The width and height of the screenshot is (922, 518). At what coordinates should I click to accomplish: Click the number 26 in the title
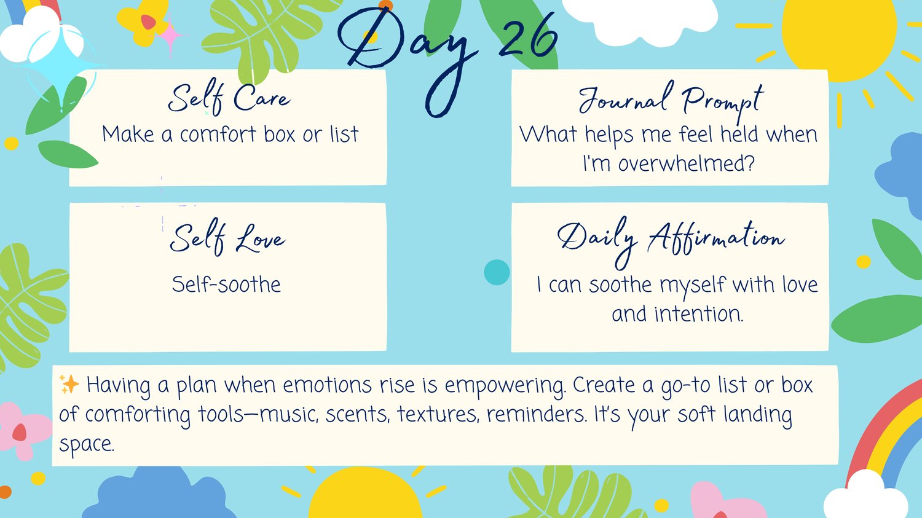click(x=529, y=39)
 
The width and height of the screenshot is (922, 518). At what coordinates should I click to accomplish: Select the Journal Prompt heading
click(x=671, y=101)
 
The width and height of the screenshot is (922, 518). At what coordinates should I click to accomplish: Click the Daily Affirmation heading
click(x=671, y=241)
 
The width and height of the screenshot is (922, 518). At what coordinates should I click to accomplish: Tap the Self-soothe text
click(x=226, y=285)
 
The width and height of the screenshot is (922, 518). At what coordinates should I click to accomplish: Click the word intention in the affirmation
click(x=699, y=314)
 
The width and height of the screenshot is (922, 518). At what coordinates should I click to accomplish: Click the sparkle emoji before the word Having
click(x=69, y=384)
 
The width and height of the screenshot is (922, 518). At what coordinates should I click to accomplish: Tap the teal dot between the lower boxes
click(x=497, y=272)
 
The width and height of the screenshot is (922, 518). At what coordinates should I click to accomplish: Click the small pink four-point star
click(x=169, y=36)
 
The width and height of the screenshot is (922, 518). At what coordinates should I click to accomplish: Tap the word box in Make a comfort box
click(x=280, y=134)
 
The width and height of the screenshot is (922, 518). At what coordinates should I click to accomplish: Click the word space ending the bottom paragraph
click(x=87, y=445)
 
